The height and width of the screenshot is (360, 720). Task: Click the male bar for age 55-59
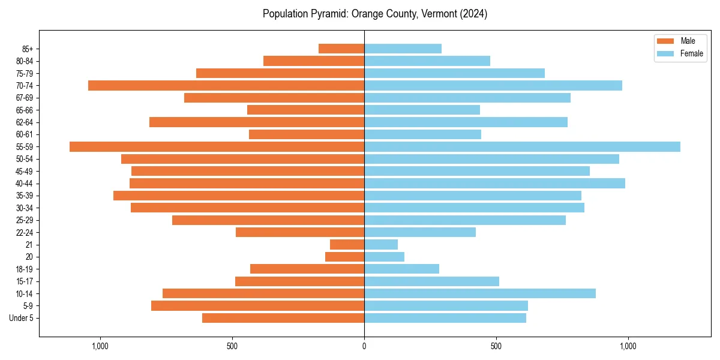click(x=217, y=147)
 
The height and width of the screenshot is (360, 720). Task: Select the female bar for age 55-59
click(x=522, y=147)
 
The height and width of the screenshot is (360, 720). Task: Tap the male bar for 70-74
click(x=226, y=86)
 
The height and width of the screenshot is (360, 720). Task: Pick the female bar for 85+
click(x=403, y=49)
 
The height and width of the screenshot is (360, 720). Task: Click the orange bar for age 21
click(x=347, y=245)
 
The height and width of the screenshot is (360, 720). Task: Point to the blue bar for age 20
click(x=384, y=257)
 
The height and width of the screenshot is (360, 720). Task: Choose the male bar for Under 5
click(x=283, y=318)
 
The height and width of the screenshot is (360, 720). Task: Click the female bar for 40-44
click(x=494, y=184)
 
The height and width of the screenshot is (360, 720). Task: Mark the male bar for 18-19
click(x=307, y=269)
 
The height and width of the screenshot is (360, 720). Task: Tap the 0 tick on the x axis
click(x=364, y=346)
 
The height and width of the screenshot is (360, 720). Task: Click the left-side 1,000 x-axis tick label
click(x=100, y=346)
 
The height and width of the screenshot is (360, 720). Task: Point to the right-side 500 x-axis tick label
click(x=496, y=346)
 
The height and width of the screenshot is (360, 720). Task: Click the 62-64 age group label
click(x=24, y=122)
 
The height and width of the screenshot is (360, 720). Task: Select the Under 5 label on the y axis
click(x=22, y=318)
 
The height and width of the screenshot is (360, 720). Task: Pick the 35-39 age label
click(x=24, y=196)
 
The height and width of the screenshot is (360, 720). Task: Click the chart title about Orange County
click(x=375, y=14)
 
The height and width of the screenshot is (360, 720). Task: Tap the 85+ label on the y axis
click(x=27, y=49)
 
